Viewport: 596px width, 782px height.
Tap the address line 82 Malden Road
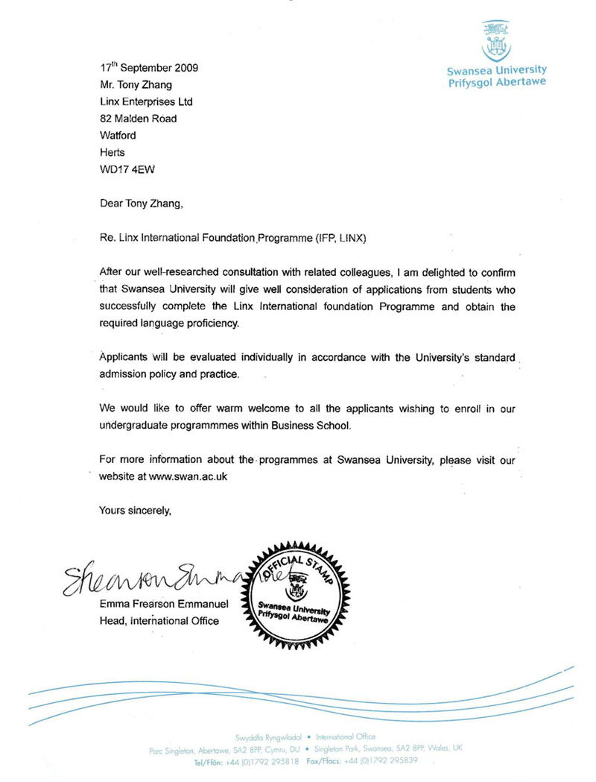(x=138, y=118)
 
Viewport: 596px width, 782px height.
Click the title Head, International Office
(x=159, y=621)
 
